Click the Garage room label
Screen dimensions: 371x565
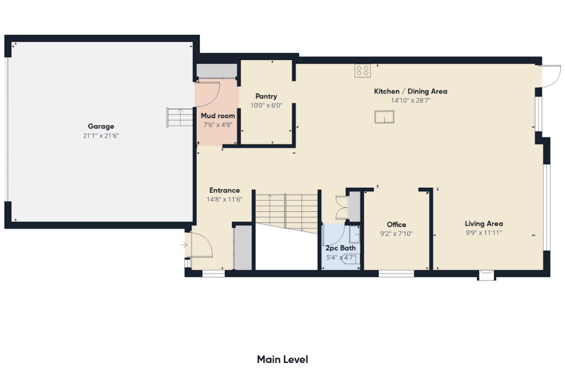(x=101, y=126)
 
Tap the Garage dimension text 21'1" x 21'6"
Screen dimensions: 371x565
(x=101, y=136)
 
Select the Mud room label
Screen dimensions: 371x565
(x=218, y=116)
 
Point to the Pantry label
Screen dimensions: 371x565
(x=266, y=96)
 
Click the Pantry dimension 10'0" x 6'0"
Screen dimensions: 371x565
(x=266, y=105)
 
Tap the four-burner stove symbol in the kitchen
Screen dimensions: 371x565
(x=362, y=71)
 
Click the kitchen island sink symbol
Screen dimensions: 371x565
(x=384, y=117)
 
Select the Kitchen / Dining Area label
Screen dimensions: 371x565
(x=411, y=91)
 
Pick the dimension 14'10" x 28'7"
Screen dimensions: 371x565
(x=411, y=100)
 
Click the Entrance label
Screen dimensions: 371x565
(x=224, y=190)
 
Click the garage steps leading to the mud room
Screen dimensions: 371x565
(x=180, y=117)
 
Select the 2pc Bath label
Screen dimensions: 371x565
(x=340, y=248)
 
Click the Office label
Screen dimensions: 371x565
(x=396, y=225)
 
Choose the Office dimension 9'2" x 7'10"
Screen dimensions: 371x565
(x=396, y=234)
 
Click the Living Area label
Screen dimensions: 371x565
(x=484, y=224)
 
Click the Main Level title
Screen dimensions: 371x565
(x=282, y=359)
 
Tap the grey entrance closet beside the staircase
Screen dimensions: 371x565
(x=243, y=247)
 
